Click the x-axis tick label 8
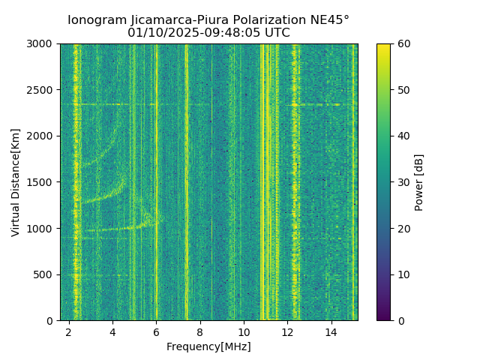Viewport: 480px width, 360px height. coord(200,332)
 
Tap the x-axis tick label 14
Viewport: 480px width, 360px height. coord(331,332)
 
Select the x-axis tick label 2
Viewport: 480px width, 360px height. coord(69,332)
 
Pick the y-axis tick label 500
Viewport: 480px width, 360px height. coord(44,274)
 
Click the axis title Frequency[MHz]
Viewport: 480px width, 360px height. coord(208,346)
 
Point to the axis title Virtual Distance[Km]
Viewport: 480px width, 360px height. coord(16,182)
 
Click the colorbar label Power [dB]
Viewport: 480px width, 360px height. coord(419,182)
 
